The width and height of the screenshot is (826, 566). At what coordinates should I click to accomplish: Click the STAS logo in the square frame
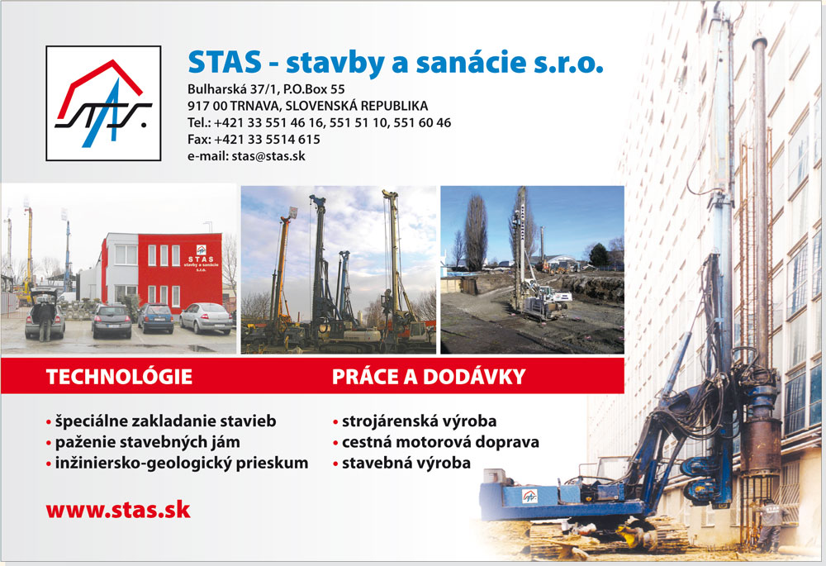coord(103,103)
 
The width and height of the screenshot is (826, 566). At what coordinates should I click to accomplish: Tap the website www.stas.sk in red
coord(118,510)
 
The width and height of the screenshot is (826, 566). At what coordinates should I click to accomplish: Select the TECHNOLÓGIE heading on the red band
coord(119,377)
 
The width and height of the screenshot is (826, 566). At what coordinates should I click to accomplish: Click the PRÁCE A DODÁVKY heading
coord(429,377)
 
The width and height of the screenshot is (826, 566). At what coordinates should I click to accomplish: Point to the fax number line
coord(254,139)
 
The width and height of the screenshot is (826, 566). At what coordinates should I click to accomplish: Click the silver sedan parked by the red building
coord(206,318)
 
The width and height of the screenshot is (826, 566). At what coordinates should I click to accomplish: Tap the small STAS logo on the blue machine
coord(529,496)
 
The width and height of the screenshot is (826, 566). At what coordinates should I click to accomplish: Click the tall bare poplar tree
coord(476,234)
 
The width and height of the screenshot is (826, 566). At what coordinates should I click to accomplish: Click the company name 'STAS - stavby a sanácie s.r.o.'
coord(396,62)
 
